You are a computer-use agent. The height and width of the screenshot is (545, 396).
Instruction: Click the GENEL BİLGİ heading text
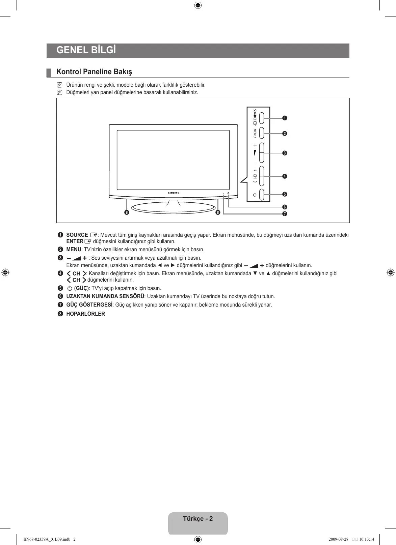click(86, 50)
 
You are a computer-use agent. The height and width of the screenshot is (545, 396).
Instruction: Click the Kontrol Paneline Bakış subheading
click(94, 71)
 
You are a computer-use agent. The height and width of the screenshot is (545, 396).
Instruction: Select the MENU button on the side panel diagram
click(262, 134)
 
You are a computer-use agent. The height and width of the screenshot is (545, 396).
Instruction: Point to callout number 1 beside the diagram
click(285, 118)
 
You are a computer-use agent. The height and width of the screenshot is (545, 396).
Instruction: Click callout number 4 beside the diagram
click(285, 176)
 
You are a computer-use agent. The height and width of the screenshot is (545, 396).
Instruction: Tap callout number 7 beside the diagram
click(285, 214)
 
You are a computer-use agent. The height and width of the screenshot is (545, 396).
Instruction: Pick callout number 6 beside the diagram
click(285, 207)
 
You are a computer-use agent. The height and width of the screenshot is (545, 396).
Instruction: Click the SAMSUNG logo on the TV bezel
click(174, 193)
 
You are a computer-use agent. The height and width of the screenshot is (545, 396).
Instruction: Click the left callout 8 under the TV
click(126, 212)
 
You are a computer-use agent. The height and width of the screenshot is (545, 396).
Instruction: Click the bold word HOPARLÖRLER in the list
click(85, 314)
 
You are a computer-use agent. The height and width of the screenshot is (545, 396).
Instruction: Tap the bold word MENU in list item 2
click(74, 250)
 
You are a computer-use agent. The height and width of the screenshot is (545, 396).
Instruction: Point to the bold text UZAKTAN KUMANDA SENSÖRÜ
click(105, 296)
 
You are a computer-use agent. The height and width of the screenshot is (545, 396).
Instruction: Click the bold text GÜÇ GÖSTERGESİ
click(89, 305)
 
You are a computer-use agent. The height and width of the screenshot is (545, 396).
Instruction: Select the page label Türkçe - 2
click(198, 519)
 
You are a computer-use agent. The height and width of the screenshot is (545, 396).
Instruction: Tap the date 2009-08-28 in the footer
click(338, 539)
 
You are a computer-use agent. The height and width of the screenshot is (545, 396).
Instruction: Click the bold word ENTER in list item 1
click(75, 241)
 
